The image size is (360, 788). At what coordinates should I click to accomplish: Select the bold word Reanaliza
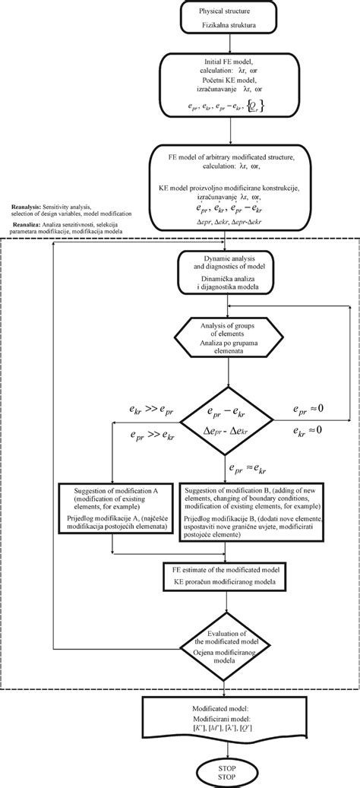[x=27, y=222]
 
